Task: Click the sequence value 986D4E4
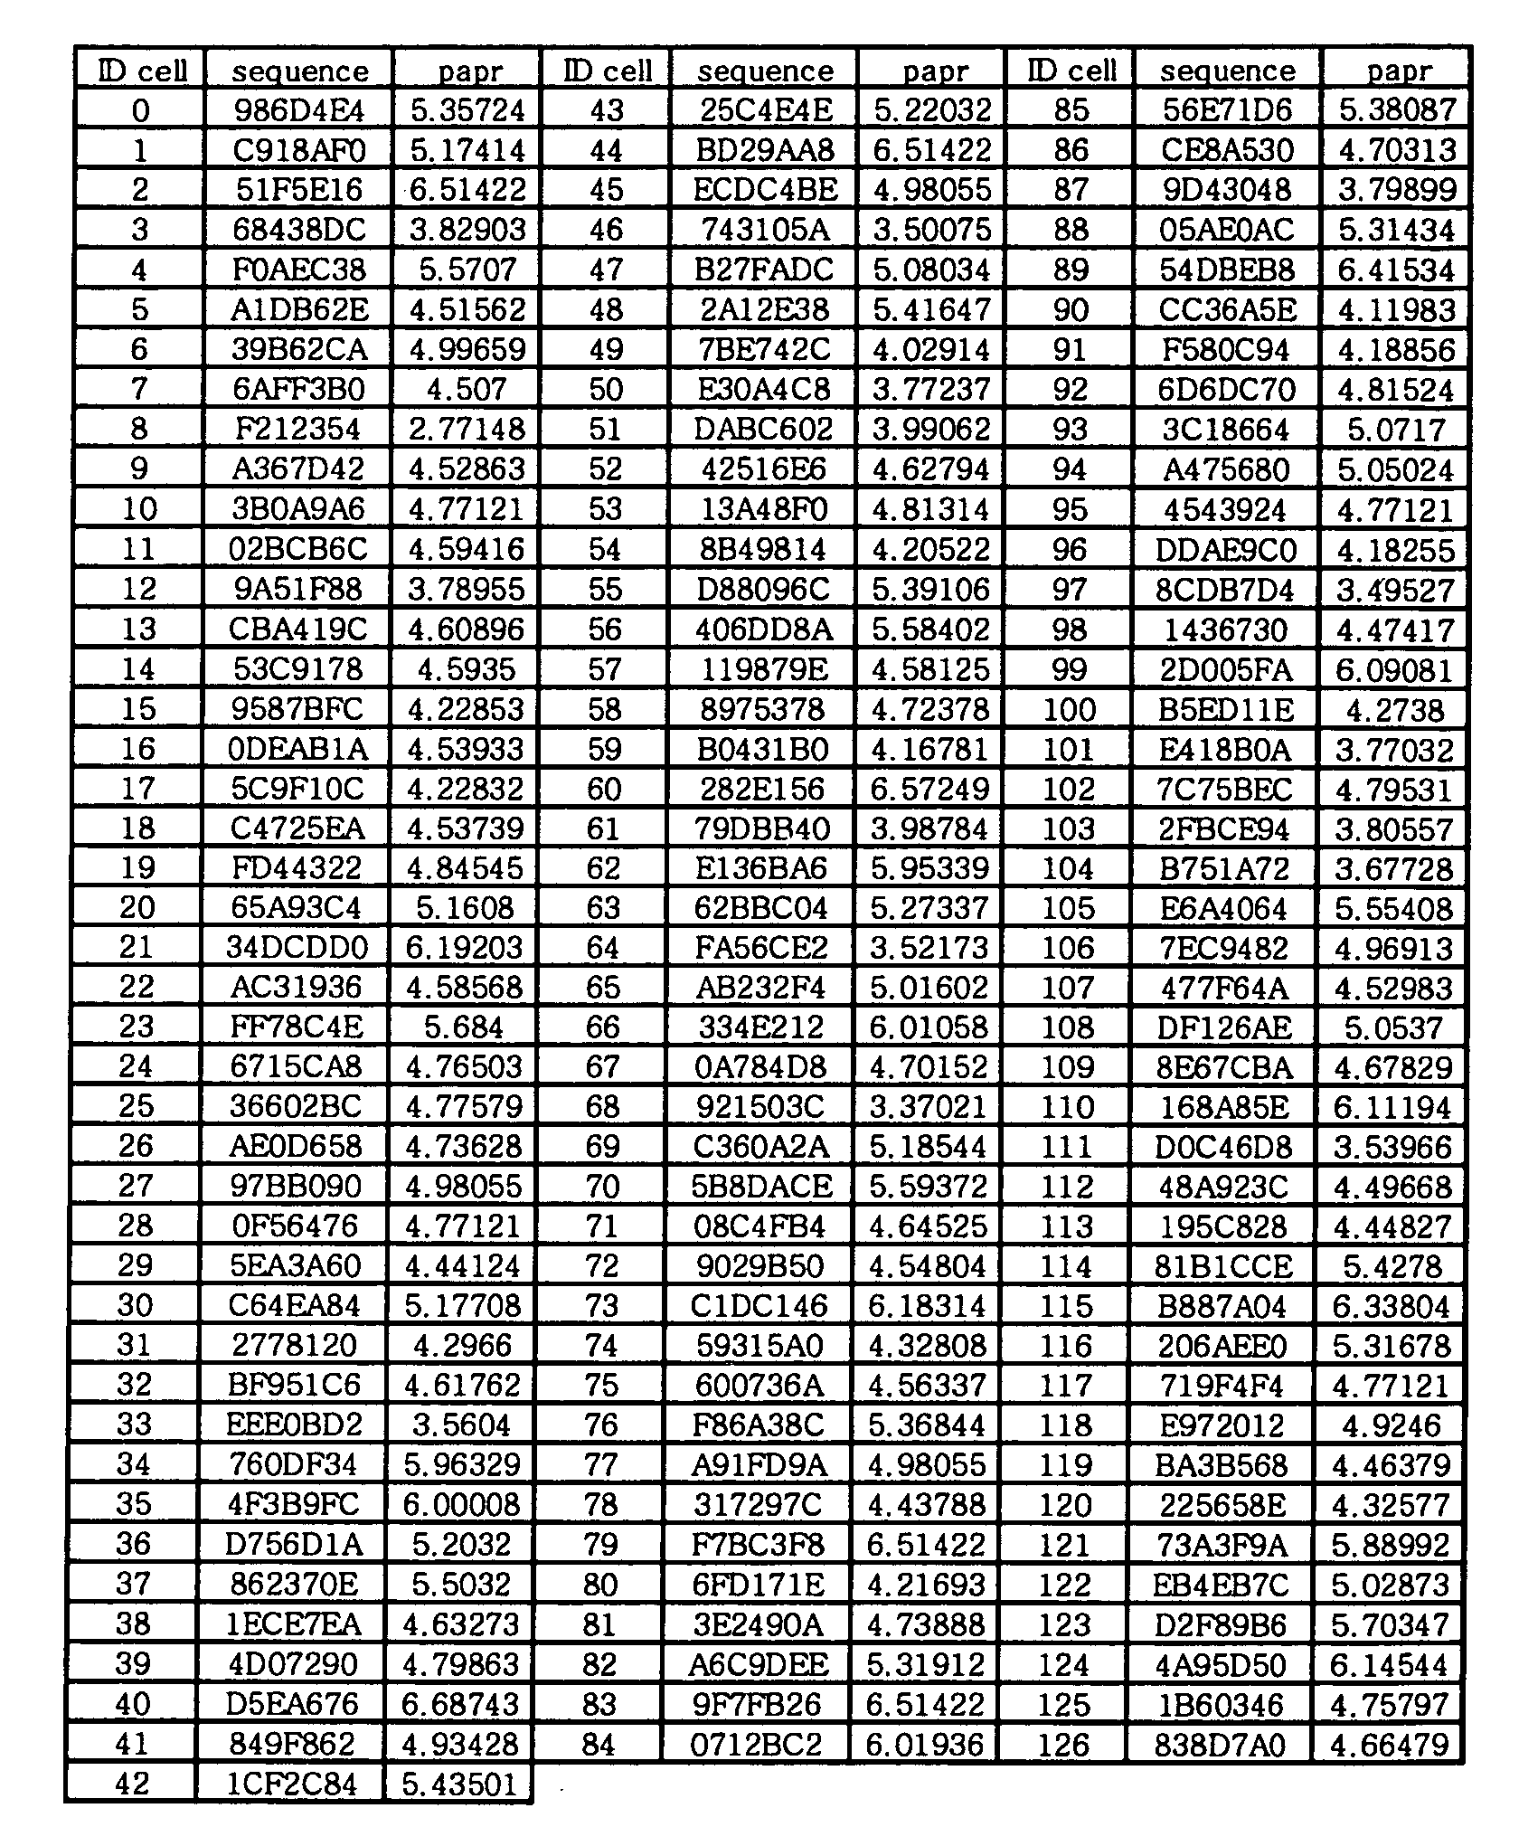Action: [299, 110]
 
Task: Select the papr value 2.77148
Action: [467, 429]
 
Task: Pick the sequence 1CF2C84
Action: [293, 1784]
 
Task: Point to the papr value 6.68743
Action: [461, 1704]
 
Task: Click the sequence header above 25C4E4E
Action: [765, 71]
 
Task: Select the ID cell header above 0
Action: [142, 71]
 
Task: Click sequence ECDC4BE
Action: [765, 190]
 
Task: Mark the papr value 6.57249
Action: [930, 789]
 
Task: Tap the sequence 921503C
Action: [761, 1107]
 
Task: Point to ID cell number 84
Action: [599, 1744]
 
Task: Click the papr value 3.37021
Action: [929, 1107]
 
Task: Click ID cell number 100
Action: [1070, 709]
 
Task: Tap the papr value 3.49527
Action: [1395, 590]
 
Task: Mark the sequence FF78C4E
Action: [297, 1027]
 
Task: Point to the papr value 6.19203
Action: [464, 948]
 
